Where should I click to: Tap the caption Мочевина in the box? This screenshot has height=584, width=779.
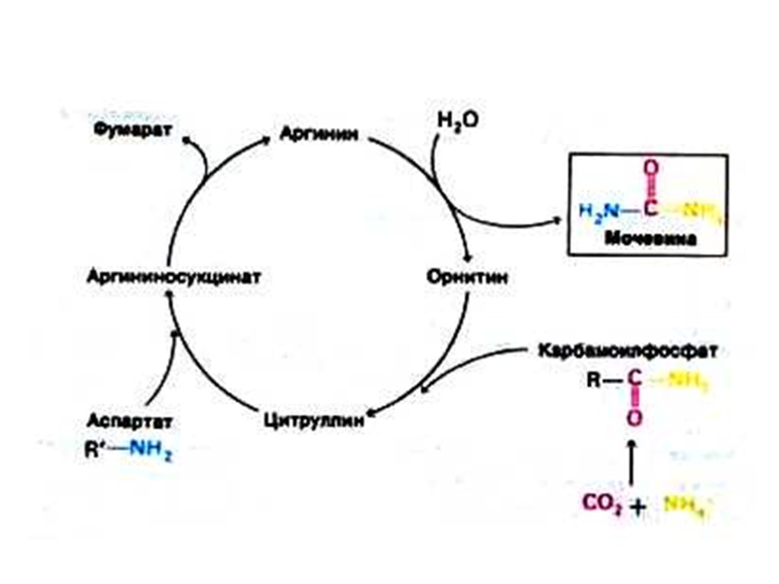click(650, 239)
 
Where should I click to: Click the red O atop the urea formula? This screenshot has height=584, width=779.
click(651, 168)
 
